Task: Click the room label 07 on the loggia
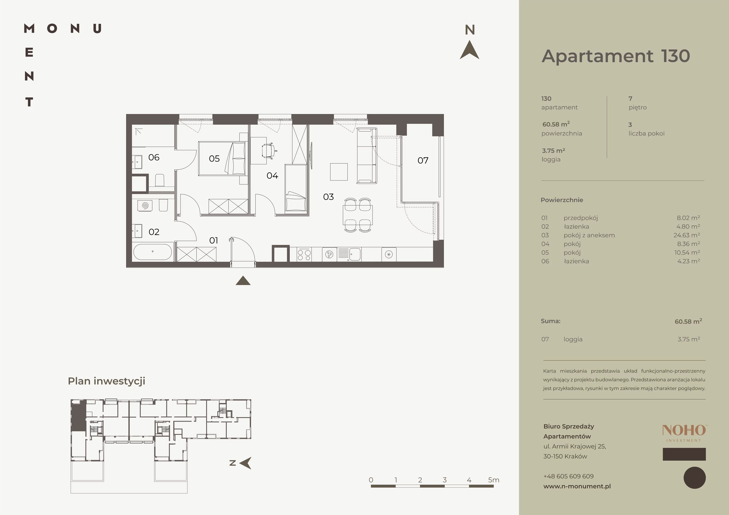[423, 161]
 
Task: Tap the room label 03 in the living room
[328, 197]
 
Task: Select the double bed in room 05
[222, 158]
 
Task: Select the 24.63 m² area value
[687, 235]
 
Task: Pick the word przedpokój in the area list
[581, 218]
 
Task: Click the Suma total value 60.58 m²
[688, 321]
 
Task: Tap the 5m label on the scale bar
[494, 480]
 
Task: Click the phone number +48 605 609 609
[568, 476]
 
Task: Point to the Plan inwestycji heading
[107, 381]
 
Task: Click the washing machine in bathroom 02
[145, 205]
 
